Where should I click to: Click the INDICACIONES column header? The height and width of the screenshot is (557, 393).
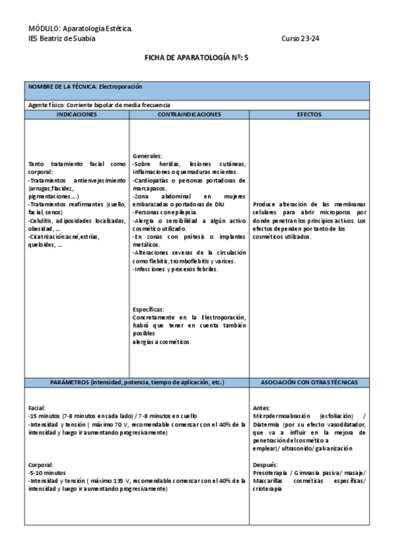click(77, 114)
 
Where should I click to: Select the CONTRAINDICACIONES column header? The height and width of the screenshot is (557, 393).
click(190, 114)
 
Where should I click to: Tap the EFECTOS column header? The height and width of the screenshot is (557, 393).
click(309, 114)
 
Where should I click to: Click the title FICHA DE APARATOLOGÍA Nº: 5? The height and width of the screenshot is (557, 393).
click(196, 58)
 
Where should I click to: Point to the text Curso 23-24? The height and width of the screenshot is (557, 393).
click(300, 39)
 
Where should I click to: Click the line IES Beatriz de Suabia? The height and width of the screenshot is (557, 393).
click(62, 39)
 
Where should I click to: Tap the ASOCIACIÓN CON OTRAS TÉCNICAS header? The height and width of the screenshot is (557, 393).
click(309, 382)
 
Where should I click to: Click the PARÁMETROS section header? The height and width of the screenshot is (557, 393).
click(137, 382)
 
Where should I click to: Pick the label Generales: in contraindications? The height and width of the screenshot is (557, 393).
click(147, 156)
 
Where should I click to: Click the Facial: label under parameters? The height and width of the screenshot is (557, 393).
click(37, 408)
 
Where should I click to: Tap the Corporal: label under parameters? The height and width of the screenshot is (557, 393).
click(41, 464)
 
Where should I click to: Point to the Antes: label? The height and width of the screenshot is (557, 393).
click(261, 408)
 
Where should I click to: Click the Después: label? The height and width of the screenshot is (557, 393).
click(265, 464)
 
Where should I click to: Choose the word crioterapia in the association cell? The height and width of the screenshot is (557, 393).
click(270, 489)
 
